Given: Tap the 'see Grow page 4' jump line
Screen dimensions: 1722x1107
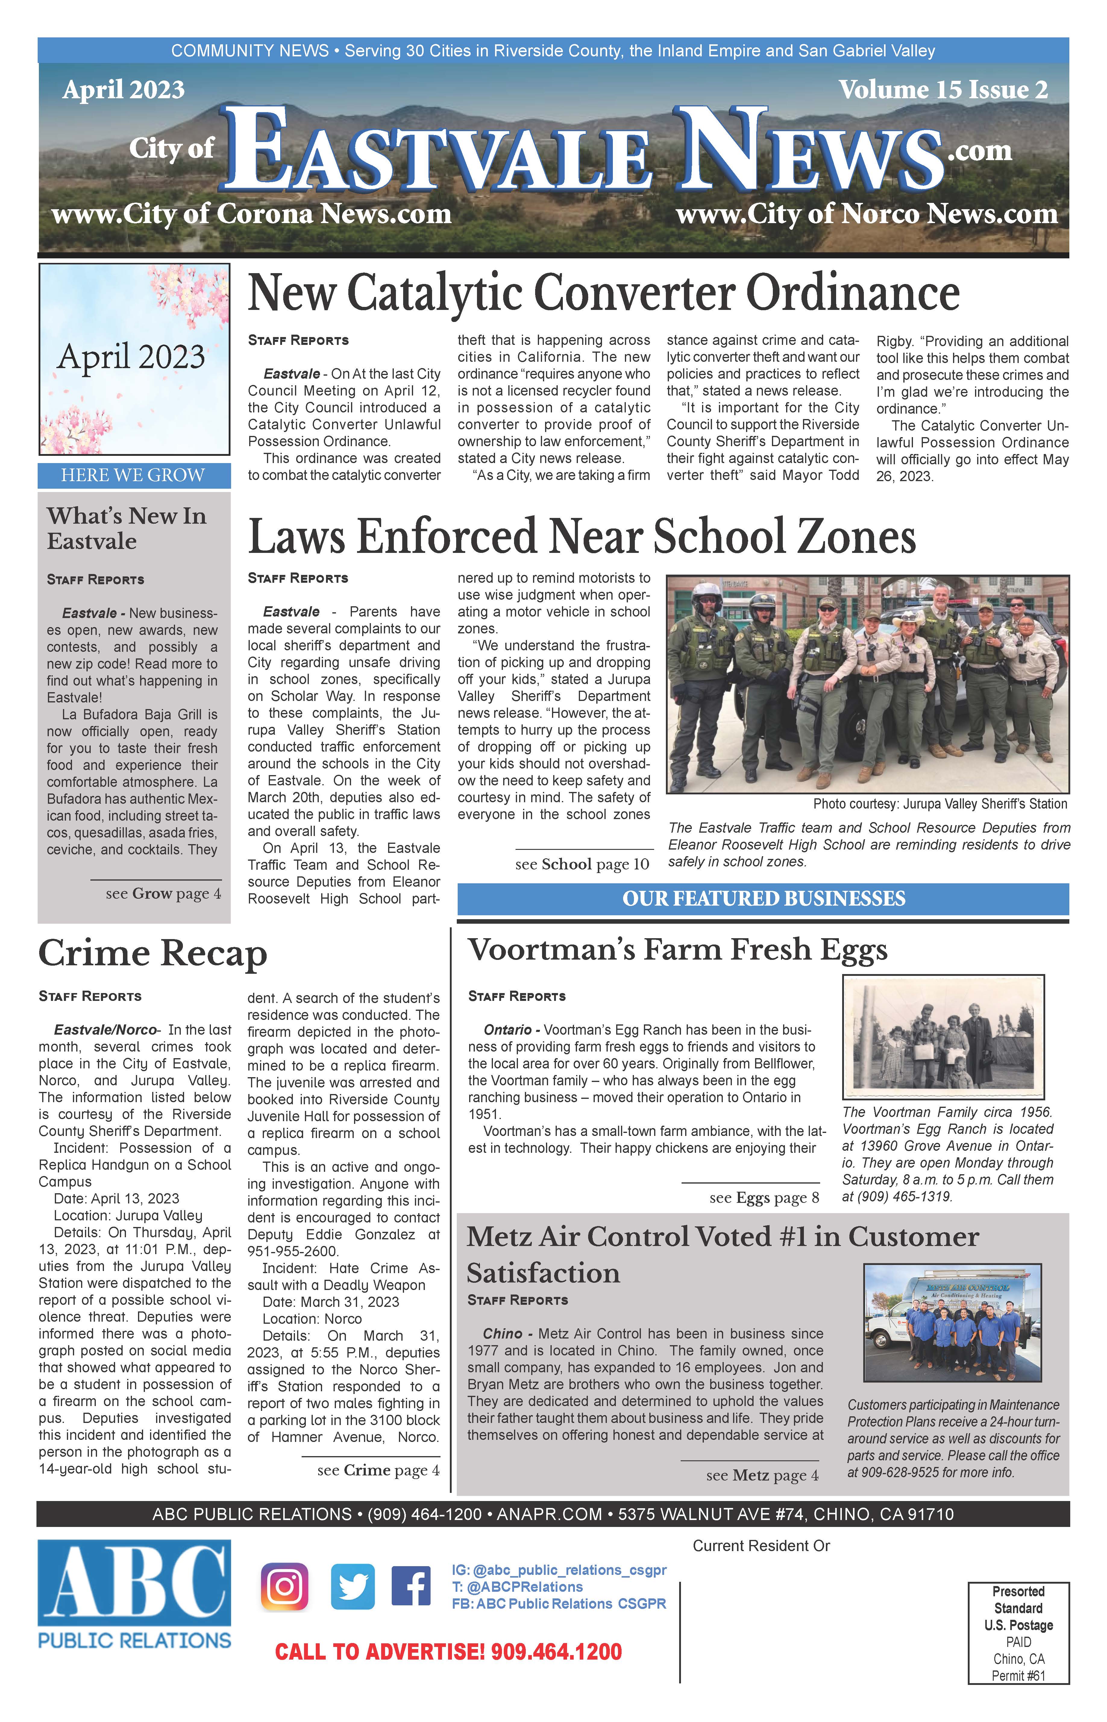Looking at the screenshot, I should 163,894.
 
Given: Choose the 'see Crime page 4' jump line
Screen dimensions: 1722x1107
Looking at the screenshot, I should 378,1470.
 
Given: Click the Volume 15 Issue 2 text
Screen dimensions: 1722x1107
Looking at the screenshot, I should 943,90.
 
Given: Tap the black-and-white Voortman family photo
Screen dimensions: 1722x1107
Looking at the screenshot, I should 942,1036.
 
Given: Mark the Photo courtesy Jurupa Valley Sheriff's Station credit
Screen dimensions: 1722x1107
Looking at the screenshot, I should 939,804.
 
